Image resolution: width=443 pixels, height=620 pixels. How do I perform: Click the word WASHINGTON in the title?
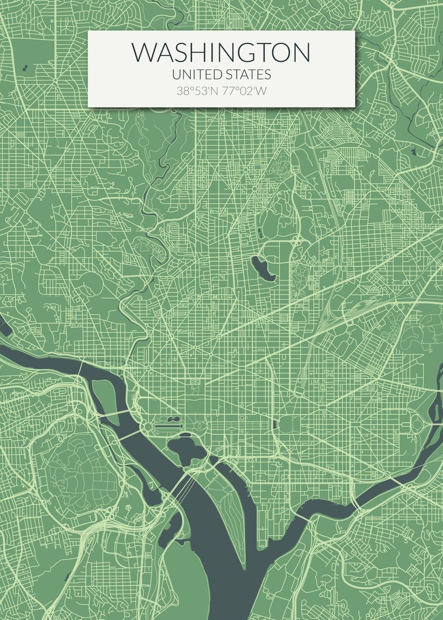tap(221, 53)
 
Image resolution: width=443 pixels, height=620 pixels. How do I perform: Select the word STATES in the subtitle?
tap(247, 75)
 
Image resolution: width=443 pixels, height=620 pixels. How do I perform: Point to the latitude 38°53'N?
tap(197, 91)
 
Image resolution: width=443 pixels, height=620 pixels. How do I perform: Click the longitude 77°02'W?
tap(245, 91)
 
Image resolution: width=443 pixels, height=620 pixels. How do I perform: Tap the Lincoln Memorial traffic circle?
tap(148, 427)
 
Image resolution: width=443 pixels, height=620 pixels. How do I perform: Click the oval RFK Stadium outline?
tap(417, 425)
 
